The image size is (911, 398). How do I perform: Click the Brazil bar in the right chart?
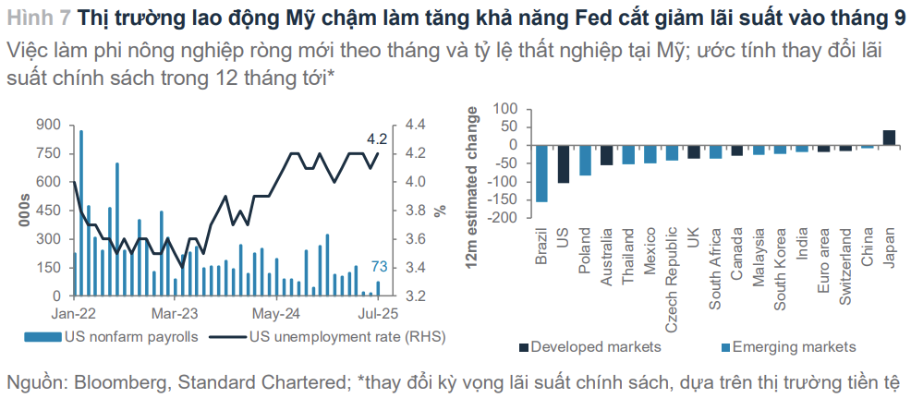[541, 173]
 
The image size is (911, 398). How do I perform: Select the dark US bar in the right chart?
[564, 163]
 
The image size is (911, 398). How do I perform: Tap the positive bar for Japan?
[889, 138]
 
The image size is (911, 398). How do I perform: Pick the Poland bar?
[585, 160]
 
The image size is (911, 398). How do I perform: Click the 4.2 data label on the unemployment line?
[377, 139]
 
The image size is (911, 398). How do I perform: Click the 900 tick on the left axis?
[47, 125]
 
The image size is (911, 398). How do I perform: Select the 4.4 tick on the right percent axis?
[415, 125]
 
